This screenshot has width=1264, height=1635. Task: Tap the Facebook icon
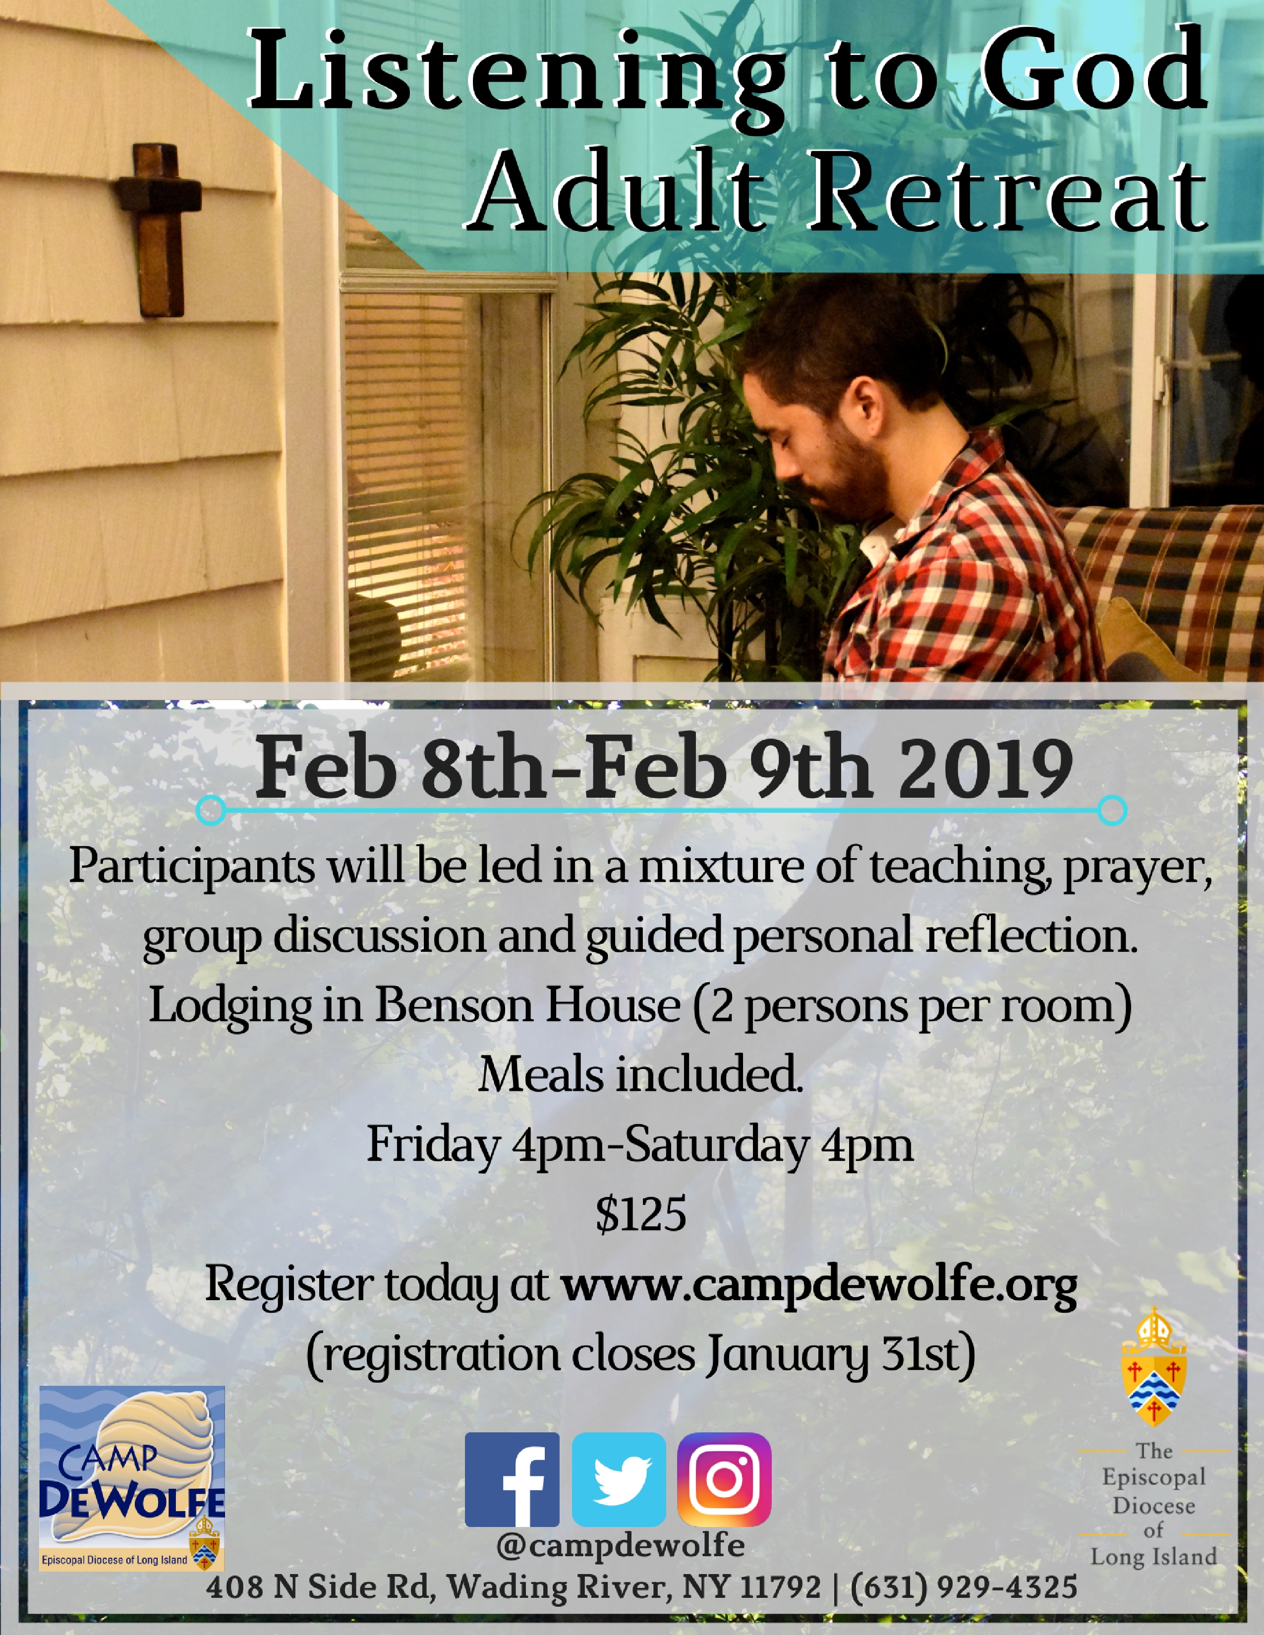(x=512, y=1479)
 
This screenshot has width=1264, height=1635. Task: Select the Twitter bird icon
(x=619, y=1479)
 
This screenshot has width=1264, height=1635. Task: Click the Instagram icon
(x=724, y=1479)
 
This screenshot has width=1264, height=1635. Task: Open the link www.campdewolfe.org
(x=820, y=1286)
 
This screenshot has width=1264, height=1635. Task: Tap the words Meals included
(x=640, y=1075)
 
